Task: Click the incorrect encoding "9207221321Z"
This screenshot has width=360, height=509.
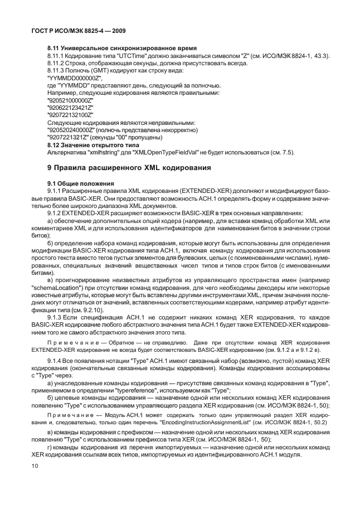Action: click(67, 137)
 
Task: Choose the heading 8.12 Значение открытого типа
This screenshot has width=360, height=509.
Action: click(93, 144)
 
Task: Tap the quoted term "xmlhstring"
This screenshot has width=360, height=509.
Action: click(101, 152)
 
